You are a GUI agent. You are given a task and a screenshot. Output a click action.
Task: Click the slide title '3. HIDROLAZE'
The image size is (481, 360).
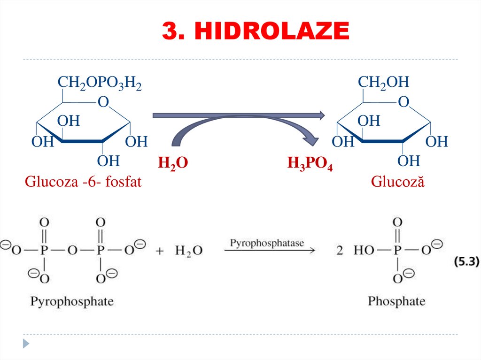(x=256, y=31)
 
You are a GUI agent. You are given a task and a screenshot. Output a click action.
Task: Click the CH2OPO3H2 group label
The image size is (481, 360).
(x=100, y=83)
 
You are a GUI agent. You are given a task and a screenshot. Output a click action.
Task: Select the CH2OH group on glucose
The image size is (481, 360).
(x=383, y=83)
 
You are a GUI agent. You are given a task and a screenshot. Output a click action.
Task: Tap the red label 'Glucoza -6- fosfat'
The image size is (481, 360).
(x=83, y=182)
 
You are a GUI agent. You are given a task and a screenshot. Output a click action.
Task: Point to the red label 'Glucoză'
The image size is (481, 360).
(x=397, y=182)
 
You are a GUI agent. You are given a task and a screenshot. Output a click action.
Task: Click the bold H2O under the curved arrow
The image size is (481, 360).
(x=173, y=163)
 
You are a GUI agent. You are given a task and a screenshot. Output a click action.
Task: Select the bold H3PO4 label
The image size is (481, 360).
(x=310, y=164)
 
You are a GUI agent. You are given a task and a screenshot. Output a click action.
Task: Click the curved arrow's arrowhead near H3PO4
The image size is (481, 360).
(x=311, y=139)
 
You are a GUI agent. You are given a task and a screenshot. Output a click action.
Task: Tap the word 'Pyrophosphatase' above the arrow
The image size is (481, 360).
(x=267, y=243)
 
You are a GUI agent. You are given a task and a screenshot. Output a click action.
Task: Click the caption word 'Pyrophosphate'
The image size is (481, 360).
(x=72, y=301)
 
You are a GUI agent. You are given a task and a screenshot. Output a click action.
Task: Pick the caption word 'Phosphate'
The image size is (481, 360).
(x=396, y=301)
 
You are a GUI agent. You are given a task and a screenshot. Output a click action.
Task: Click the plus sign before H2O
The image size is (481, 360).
(x=159, y=251)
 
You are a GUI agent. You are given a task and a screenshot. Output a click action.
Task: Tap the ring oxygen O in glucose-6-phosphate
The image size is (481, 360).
(x=103, y=102)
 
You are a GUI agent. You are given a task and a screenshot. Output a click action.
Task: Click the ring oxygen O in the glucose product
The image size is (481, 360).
(x=403, y=102)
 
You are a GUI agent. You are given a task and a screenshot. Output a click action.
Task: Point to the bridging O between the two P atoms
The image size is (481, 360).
(x=72, y=250)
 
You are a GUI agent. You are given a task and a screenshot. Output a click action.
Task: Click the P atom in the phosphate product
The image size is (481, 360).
(x=397, y=250)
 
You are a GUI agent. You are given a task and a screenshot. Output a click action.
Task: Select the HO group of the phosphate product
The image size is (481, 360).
(x=365, y=250)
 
